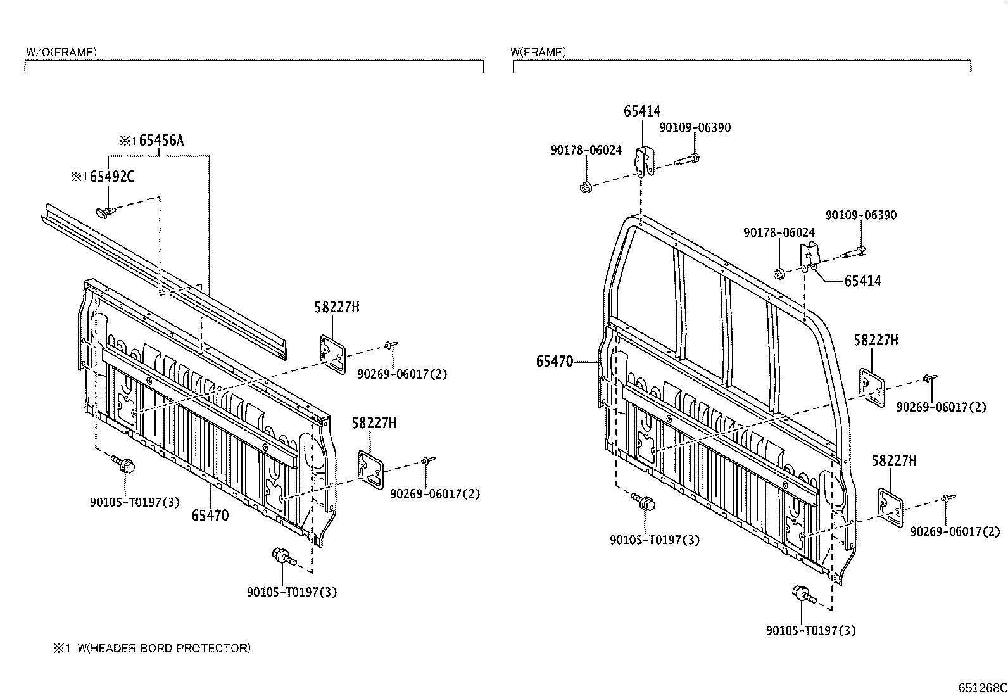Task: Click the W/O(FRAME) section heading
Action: (x=61, y=53)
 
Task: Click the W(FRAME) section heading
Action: (x=538, y=53)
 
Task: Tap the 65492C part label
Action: (x=111, y=177)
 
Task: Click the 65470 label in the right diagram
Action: (x=554, y=362)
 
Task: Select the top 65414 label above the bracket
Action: (x=642, y=111)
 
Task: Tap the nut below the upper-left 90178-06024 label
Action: (x=586, y=187)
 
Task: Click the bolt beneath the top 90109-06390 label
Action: (x=687, y=159)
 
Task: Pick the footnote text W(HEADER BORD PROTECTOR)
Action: (x=164, y=648)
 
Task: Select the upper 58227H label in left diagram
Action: (x=336, y=308)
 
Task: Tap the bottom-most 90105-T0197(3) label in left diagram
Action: (x=291, y=592)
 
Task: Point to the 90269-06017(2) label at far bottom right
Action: (x=955, y=532)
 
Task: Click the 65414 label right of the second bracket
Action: (x=862, y=281)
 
